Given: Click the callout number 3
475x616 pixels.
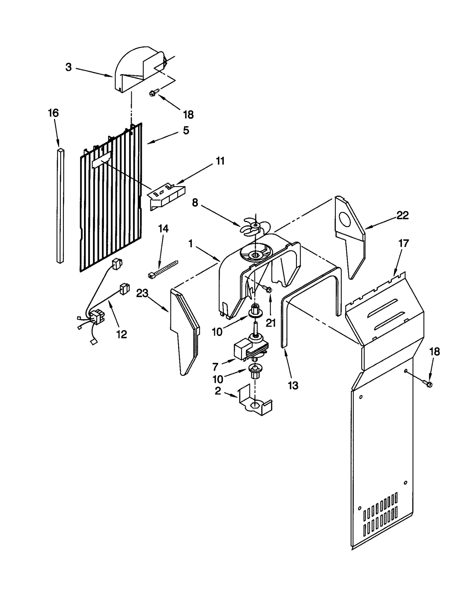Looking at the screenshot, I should [x=69, y=67].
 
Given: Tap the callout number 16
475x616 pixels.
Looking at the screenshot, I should [x=53, y=113].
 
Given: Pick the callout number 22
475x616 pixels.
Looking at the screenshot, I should [x=403, y=215].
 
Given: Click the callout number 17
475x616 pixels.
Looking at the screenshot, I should [x=403, y=243].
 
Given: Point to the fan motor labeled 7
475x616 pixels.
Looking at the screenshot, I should [x=251, y=347].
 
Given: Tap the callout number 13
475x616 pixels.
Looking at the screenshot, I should [x=293, y=386].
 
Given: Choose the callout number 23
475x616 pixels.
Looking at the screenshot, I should [x=142, y=293].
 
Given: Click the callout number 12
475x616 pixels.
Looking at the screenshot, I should [x=122, y=334].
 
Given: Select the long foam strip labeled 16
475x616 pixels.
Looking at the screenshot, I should [x=60, y=205].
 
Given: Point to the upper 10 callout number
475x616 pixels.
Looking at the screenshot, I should [x=217, y=332].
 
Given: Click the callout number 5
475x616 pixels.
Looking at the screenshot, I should [x=186, y=130].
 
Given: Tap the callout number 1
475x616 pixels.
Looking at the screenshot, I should [x=191, y=244].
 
